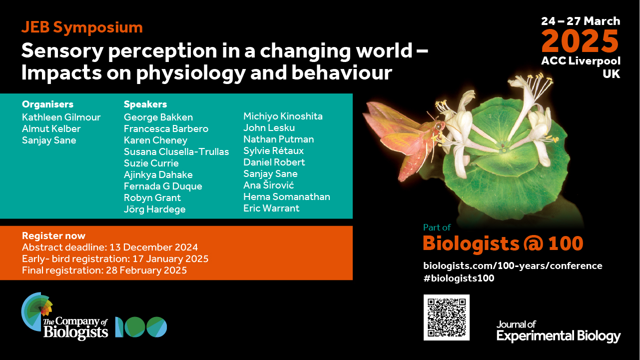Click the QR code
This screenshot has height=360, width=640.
(x=446, y=317)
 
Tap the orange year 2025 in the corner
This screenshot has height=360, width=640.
(x=580, y=41)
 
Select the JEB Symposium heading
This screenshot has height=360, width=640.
(x=82, y=27)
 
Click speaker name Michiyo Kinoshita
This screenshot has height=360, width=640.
(x=283, y=116)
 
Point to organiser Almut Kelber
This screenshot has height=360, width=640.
(x=51, y=128)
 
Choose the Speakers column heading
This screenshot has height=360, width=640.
(x=145, y=104)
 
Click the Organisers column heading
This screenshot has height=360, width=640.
(x=48, y=104)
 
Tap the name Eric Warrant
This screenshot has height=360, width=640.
(x=271, y=208)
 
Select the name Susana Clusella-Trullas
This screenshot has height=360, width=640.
(x=176, y=151)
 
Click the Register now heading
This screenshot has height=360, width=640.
(x=54, y=235)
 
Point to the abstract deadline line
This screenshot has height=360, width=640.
(x=110, y=247)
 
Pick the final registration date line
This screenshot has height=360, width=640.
(x=104, y=270)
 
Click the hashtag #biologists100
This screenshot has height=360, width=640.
(x=459, y=278)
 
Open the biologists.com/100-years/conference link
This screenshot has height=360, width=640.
(x=513, y=265)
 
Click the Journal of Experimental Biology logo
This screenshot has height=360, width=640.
(x=559, y=331)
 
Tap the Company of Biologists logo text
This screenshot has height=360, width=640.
(x=75, y=328)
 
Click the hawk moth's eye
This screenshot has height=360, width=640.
(x=438, y=126)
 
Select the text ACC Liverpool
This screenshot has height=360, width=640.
(x=581, y=61)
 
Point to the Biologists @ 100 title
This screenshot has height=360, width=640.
(x=503, y=243)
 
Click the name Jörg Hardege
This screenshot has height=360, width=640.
(x=154, y=209)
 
